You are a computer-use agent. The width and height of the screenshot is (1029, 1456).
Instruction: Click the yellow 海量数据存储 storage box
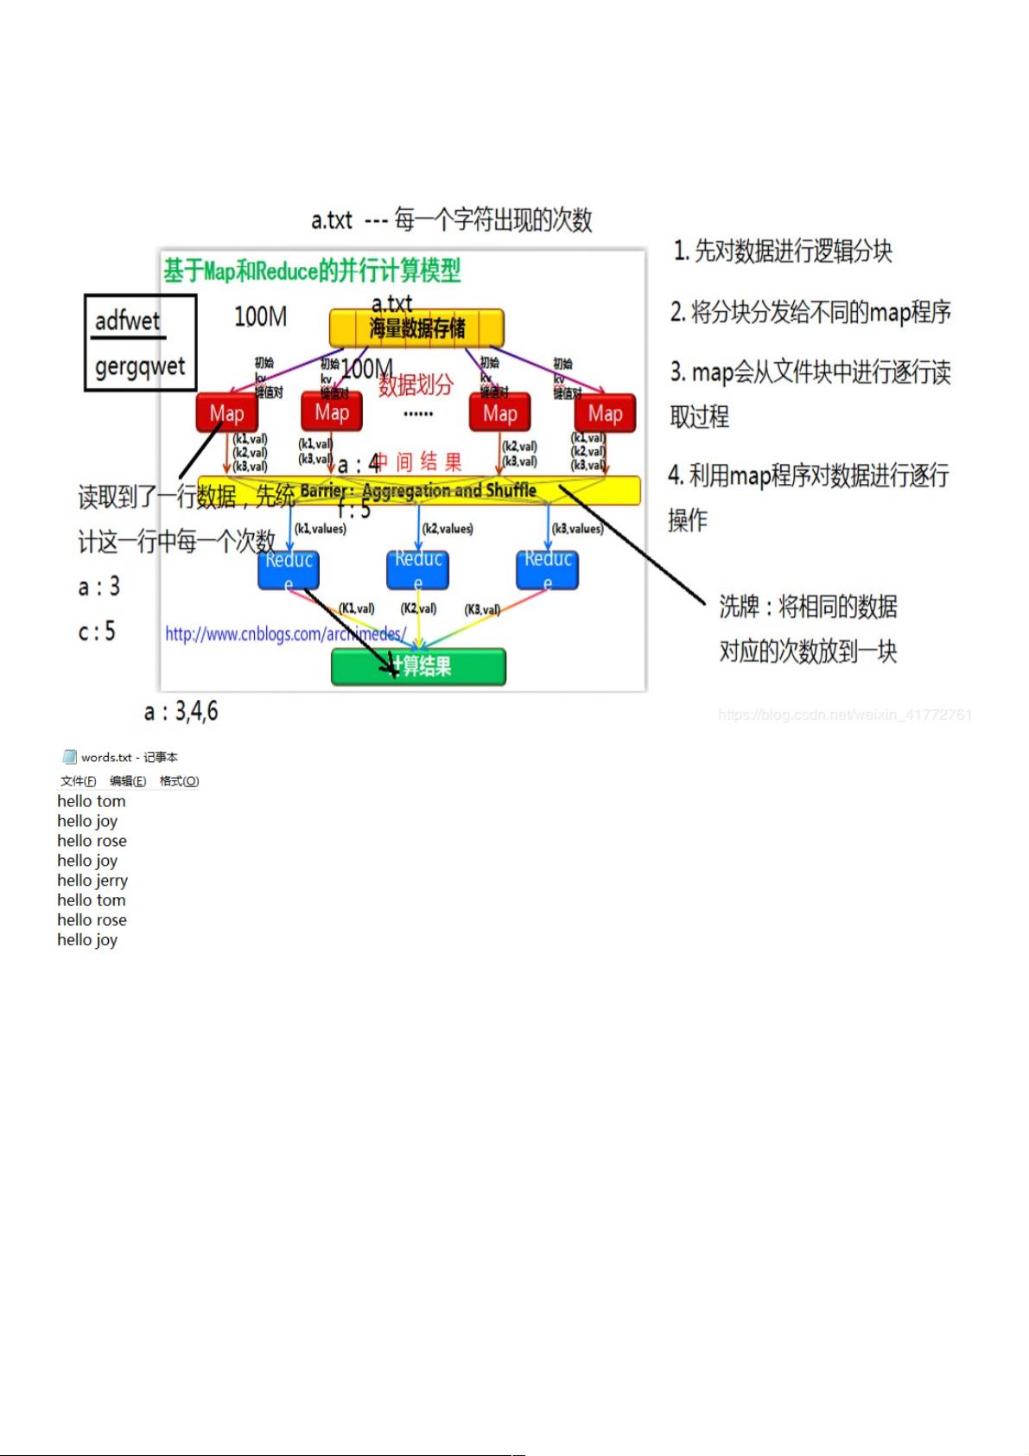pyautogui.click(x=416, y=328)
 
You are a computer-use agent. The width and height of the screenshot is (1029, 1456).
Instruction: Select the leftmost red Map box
pyautogui.click(x=226, y=413)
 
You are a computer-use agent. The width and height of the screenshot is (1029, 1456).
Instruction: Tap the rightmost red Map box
pyautogui.click(x=605, y=414)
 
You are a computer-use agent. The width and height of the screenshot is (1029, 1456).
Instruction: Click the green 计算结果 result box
pyautogui.click(x=419, y=666)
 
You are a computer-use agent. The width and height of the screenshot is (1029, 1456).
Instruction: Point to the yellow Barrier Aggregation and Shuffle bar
pyautogui.click(x=420, y=491)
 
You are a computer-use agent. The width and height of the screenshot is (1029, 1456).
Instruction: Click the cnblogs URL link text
pyautogui.click(x=285, y=634)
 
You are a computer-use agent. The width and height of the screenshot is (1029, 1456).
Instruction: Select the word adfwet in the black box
pyautogui.click(x=128, y=321)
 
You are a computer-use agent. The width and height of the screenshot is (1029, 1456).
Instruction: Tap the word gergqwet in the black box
pyautogui.click(x=140, y=366)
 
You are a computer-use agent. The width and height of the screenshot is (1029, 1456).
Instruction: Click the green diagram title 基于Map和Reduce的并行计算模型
pyautogui.click(x=313, y=271)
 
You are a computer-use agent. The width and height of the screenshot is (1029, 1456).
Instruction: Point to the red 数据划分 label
pyautogui.click(x=416, y=385)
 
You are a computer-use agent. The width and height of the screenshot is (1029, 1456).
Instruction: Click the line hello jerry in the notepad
pyautogui.click(x=92, y=881)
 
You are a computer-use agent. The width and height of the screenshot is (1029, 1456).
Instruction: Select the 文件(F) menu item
pyautogui.click(x=78, y=781)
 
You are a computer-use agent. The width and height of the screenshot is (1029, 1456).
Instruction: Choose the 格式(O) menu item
pyautogui.click(x=179, y=781)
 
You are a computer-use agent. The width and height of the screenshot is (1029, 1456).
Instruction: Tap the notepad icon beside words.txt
pyautogui.click(x=70, y=757)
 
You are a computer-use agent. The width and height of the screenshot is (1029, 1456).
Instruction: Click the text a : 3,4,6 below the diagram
pyautogui.click(x=181, y=712)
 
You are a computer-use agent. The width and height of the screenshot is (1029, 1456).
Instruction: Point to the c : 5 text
pyautogui.click(x=97, y=632)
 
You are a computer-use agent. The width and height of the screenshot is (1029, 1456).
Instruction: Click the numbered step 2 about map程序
pyautogui.click(x=810, y=312)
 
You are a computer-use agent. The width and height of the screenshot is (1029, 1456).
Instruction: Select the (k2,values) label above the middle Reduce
pyautogui.click(x=448, y=529)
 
